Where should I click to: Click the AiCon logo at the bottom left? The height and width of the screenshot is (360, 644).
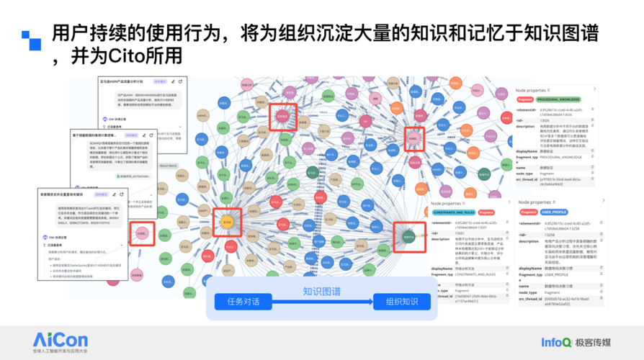tap(61, 339)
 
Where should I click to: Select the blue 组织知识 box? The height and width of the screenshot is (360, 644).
tap(401, 302)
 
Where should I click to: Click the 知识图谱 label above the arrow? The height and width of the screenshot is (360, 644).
tap(323, 292)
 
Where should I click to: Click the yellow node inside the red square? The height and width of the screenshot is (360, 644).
tap(226, 221)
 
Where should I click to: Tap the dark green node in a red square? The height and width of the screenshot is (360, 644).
tap(408, 235)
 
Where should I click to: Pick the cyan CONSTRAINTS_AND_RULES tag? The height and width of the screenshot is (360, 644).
tap(453, 213)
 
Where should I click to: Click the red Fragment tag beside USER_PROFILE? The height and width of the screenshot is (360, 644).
tap(528, 212)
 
